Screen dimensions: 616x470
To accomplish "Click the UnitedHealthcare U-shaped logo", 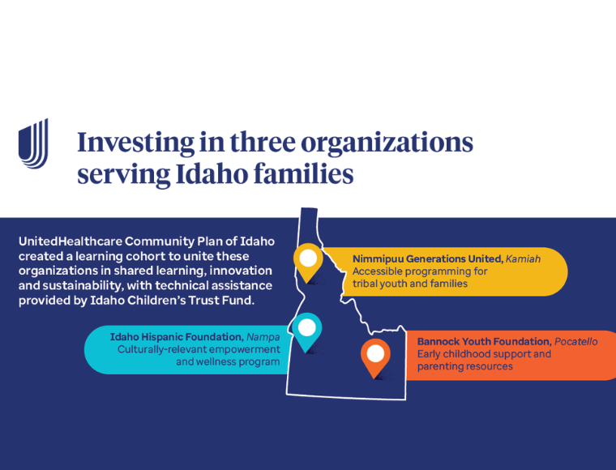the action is tap(33, 143).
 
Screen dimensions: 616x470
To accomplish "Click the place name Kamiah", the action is tap(523, 259).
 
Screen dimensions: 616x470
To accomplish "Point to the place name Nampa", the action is tap(263, 337).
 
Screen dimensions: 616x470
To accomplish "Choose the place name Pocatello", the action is tap(576, 342).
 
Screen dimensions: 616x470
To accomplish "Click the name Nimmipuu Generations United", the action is tap(428, 259).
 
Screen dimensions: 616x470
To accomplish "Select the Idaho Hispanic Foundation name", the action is tap(177, 337).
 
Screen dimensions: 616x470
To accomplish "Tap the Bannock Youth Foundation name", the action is tap(485, 342).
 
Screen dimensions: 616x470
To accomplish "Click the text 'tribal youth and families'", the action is tap(410, 284).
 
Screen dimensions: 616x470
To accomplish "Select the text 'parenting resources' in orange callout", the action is tap(464, 366).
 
